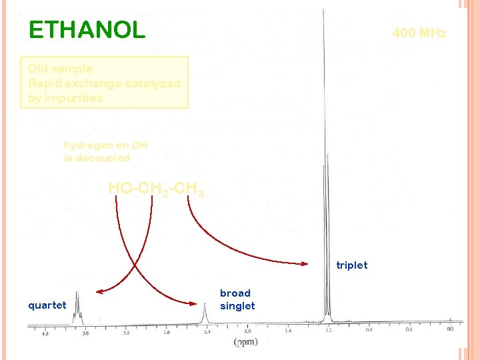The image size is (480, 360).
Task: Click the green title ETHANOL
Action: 87,30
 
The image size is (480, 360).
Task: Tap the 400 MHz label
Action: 419,33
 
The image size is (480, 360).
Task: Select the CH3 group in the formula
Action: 191,189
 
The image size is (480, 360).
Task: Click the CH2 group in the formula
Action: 156,189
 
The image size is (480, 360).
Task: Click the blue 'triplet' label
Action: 351,265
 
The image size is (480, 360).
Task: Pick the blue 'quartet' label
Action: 47,305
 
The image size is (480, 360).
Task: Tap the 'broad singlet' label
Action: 237,300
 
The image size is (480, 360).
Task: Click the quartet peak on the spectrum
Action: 77,307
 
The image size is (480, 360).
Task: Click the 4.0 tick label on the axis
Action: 45,331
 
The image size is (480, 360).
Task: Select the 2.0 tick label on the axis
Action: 247,331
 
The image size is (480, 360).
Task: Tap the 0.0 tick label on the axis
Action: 450,329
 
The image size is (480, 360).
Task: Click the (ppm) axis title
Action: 244,343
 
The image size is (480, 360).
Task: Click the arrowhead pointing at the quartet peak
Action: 99,291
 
